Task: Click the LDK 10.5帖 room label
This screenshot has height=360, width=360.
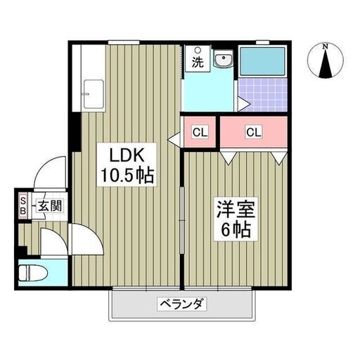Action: [x=127, y=165]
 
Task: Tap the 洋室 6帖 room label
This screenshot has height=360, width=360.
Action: [x=236, y=219]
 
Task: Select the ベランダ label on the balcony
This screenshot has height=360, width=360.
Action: [x=181, y=305]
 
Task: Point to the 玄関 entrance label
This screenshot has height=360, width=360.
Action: [x=50, y=206]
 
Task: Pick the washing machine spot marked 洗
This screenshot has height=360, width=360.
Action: [x=198, y=59]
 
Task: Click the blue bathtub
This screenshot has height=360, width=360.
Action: [x=263, y=61]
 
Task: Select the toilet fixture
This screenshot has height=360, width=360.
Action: [x=33, y=273]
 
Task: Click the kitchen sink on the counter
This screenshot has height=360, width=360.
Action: [x=94, y=94]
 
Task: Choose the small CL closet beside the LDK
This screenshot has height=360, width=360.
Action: [x=200, y=132]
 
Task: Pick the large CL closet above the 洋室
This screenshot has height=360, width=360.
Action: [x=254, y=132]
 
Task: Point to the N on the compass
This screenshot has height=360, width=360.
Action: [x=325, y=46]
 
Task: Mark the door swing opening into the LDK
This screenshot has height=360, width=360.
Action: [x=91, y=232]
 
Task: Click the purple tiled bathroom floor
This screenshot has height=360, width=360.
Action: [x=263, y=95]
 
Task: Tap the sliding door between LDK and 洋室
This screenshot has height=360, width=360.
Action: [x=182, y=220]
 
